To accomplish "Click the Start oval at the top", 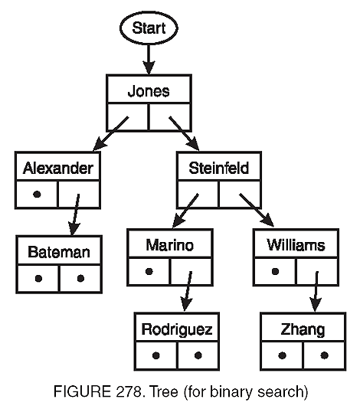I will click(149, 31).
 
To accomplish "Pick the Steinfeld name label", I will click(219, 168).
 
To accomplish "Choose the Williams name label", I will click(296, 245).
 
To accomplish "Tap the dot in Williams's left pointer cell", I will click(274, 270).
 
